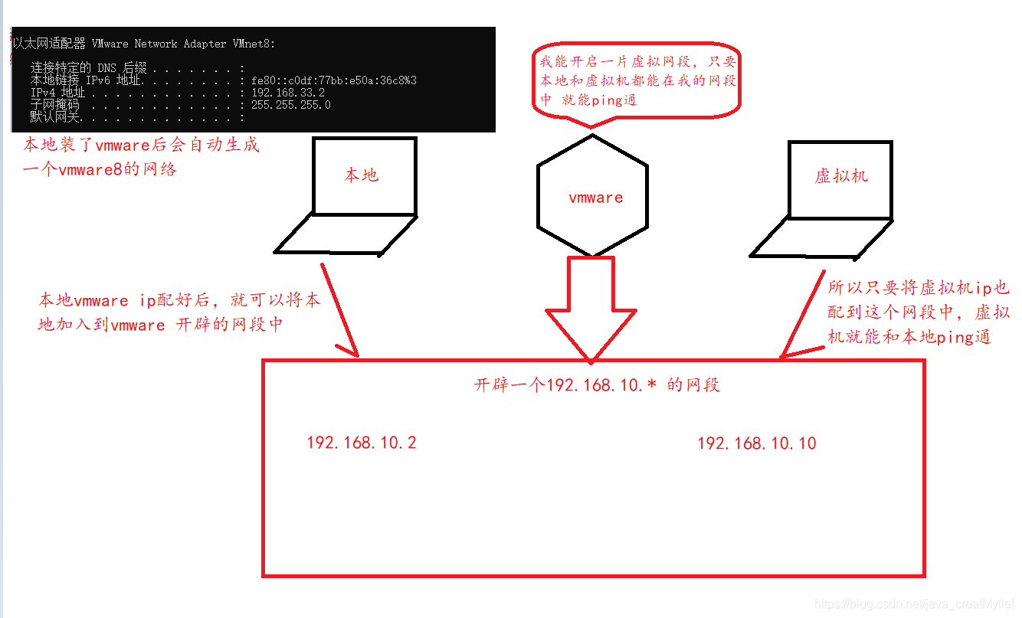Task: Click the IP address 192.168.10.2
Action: (362, 443)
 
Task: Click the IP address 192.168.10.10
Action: (756, 443)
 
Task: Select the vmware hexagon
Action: (592, 196)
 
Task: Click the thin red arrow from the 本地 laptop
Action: (339, 309)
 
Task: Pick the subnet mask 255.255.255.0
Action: (290, 105)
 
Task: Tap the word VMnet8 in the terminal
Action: (252, 44)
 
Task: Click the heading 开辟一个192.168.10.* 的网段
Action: (597, 384)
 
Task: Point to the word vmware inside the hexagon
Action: (595, 198)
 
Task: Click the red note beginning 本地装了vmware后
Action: (141, 156)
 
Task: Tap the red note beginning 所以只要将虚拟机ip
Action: (919, 312)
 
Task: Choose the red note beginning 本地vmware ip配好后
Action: (179, 312)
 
